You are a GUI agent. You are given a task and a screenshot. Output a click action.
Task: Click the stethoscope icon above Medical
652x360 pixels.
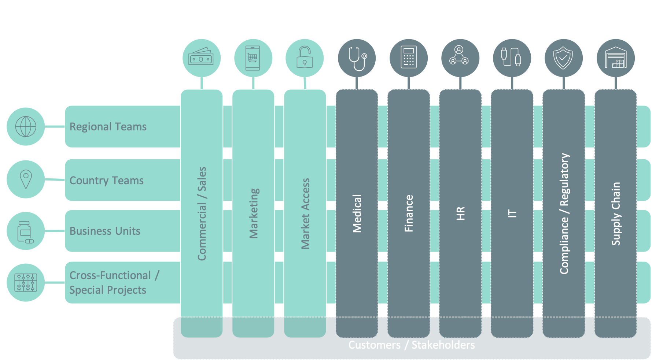pyautogui.click(x=357, y=58)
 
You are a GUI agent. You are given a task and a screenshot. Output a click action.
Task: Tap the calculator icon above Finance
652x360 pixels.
pyautogui.click(x=409, y=58)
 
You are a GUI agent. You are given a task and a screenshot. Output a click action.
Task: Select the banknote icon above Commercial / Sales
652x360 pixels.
pyautogui.click(x=202, y=58)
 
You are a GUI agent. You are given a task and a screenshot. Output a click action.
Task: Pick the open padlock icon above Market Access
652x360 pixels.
pyautogui.click(x=305, y=58)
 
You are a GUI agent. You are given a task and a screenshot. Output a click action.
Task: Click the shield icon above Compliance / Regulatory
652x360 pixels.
pyautogui.click(x=563, y=58)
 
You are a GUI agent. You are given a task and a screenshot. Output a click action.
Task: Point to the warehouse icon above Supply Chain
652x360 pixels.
pyautogui.click(x=616, y=58)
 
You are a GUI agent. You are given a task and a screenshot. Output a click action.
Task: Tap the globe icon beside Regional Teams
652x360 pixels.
pyautogui.click(x=26, y=127)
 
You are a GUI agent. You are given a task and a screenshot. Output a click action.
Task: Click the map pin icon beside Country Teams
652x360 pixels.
pyautogui.click(x=26, y=179)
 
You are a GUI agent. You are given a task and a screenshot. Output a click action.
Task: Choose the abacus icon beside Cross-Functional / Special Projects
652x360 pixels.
pyautogui.click(x=26, y=282)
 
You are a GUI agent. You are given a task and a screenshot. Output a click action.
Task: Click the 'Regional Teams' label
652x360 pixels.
pyautogui.click(x=108, y=127)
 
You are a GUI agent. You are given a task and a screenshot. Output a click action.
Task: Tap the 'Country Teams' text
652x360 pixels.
pyautogui.click(x=107, y=181)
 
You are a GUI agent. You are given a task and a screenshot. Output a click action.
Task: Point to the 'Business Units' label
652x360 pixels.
pyautogui.click(x=105, y=231)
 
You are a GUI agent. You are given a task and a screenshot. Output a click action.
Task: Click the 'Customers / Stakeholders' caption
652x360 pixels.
pyautogui.click(x=411, y=345)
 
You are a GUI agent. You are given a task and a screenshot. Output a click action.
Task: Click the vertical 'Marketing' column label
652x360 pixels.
pyautogui.click(x=254, y=213)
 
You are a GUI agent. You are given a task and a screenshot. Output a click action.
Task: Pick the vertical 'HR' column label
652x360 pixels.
pyautogui.click(x=460, y=213)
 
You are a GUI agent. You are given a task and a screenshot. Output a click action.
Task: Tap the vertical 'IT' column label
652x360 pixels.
pyautogui.click(x=512, y=214)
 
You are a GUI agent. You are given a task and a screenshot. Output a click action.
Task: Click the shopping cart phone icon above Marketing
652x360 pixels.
pyautogui.click(x=253, y=58)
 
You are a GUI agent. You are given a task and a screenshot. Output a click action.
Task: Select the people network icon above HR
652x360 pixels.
pyautogui.click(x=460, y=58)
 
